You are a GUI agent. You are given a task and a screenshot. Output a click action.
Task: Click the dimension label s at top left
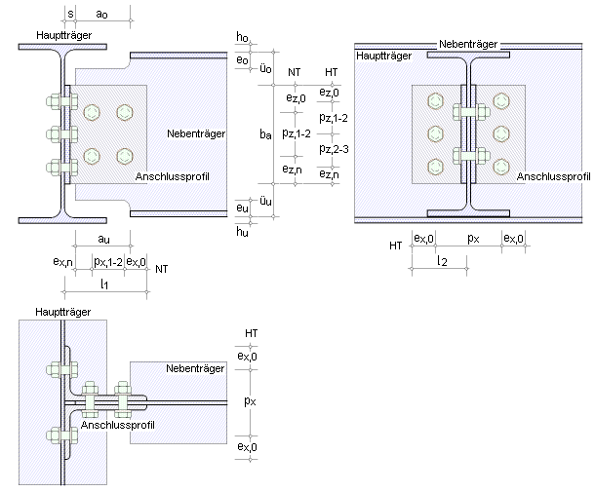[71, 14]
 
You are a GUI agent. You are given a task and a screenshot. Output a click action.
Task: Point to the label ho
[243, 37]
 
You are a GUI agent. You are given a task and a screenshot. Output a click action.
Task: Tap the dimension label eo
[243, 59]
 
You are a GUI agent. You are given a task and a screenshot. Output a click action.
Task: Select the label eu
[243, 208]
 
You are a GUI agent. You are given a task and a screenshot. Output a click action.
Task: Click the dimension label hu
[243, 231]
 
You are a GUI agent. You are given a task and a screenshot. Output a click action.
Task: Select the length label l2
[441, 260]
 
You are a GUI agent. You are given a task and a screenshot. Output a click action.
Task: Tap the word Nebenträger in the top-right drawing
[469, 44]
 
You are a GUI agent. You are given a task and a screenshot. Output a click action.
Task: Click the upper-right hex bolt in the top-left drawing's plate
[124, 112]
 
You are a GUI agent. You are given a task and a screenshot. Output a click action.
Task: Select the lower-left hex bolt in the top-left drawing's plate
[93, 155]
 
